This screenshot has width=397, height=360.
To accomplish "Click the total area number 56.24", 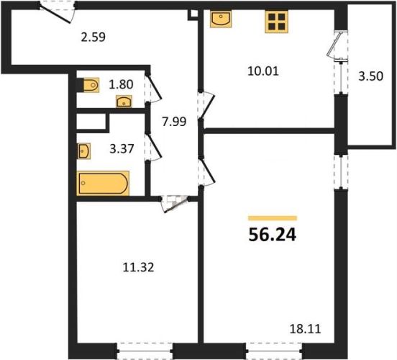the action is pos(272,235).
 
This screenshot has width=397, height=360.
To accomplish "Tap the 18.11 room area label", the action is pos(305,329).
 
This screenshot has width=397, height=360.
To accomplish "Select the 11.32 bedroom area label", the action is pos(138,267).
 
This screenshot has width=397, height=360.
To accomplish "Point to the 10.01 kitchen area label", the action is pos(263,71).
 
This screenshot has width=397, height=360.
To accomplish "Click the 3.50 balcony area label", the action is pos(370,76).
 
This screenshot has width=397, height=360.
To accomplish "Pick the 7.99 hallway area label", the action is pos(174,122).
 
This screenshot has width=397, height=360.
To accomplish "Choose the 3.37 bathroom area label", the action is pos(122,148).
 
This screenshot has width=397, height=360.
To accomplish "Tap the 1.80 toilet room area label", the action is pos(121,84).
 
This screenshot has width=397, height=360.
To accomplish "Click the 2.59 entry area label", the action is pos(93,37).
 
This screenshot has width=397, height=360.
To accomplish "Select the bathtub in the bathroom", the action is pos(103,184).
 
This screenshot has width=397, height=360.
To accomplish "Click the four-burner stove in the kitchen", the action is pos(276,22).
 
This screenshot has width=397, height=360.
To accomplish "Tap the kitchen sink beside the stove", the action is pos(221,19).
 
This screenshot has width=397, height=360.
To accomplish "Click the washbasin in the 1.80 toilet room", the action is pos(124,102).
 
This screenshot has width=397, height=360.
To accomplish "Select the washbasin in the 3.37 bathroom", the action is pos(84,151).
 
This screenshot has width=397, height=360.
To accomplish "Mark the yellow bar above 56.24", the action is pos(273,218).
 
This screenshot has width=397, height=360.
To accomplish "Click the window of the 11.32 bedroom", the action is pos(145,351).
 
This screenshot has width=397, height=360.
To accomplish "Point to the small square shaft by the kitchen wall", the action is pos(193,14).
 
